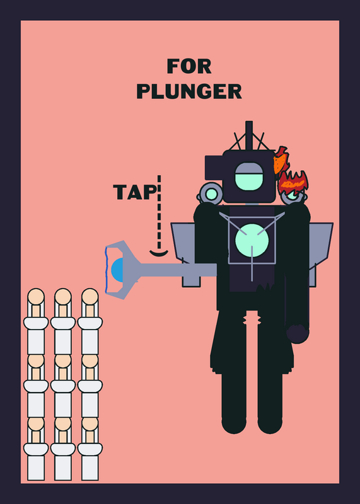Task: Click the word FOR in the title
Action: pyautogui.click(x=189, y=66)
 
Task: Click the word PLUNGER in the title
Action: pyautogui.click(x=189, y=91)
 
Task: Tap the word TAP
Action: pyautogui.click(x=135, y=192)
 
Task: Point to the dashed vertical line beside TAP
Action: pyautogui.click(x=159, y=212)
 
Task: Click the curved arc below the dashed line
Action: pyautogui.click(x=159, y=255)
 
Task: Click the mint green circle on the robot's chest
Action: pyautogui.click(x=252, y=241)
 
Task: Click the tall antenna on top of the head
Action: pyautogui.click(x=248, y=135)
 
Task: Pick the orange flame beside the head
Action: pyautogui.click(x=281, y=161)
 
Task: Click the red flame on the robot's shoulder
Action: pyautogui.click(x=293, y=183)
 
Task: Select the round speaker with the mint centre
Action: pyautogui.click(x=211, y=193)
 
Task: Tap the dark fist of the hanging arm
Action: pyautogui.click(x=298, y=334)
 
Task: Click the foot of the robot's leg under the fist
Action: pyautogui.click(x=270, y=424)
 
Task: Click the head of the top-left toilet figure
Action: pyautogui.click(x=36, y=296)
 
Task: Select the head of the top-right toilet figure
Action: pyautogui.click(x=90, y=296)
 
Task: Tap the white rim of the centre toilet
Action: pyautogui.click(x=63, y=386)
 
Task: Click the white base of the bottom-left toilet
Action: pyautogui.click(x=36, y=467)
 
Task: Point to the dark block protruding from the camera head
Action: pyautogui.click(x=214, y=168)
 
